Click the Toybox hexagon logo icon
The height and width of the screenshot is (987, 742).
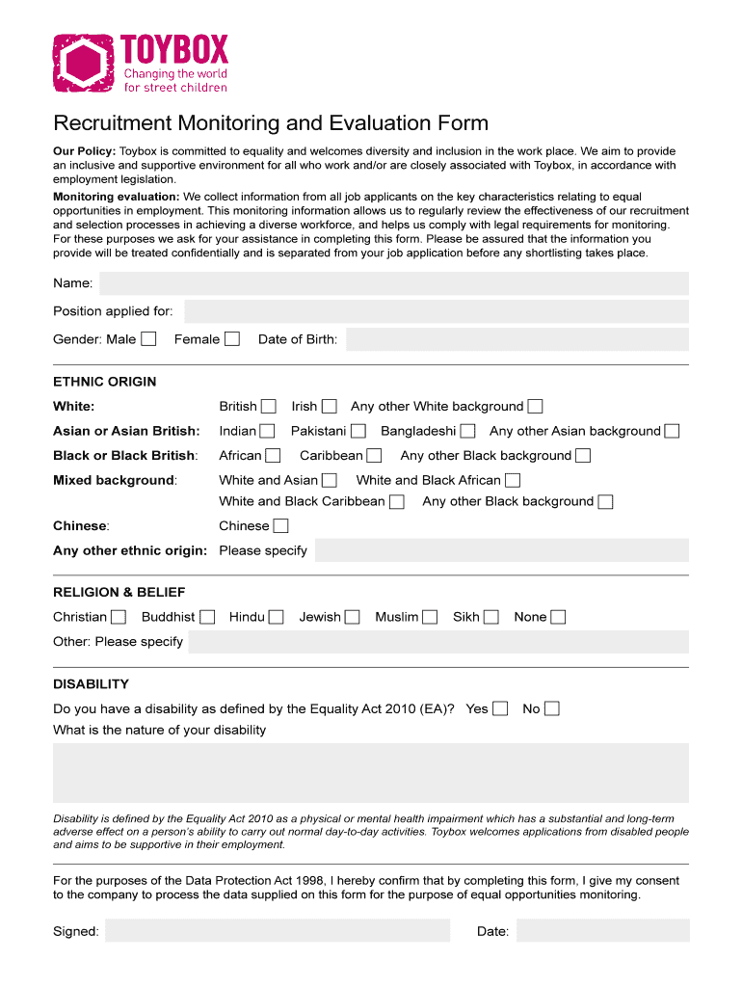coord(85,64)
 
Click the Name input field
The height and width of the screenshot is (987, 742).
coord(393,283)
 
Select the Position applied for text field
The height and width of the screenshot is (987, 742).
coord(436,311)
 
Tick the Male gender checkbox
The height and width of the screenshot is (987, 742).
coord(148,338)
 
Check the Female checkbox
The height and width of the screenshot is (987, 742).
coord(232,338)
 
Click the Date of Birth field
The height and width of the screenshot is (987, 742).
coord(517,339)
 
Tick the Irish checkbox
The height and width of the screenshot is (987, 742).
coord(330,406)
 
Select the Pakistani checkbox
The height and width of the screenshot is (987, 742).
coord(358,431)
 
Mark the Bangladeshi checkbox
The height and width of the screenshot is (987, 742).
coord(467,431)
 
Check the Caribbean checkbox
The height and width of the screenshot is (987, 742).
coord(374,455)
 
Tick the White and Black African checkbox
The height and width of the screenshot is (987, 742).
coord(513,480)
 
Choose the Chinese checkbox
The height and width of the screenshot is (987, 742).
coord(280,526)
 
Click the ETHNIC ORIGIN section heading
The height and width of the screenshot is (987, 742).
coord(104,382)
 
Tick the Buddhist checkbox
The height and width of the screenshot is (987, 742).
coord(207,617)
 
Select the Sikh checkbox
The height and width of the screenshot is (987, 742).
coord(491,617)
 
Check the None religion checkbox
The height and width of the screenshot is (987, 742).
coord(558,617)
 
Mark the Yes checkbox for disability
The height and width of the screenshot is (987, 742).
coord(500,708)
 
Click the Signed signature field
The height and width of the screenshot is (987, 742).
coord(278,930)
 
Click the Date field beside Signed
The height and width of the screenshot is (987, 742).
coord(602,930)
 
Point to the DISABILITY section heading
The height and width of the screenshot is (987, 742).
coord(91,684)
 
